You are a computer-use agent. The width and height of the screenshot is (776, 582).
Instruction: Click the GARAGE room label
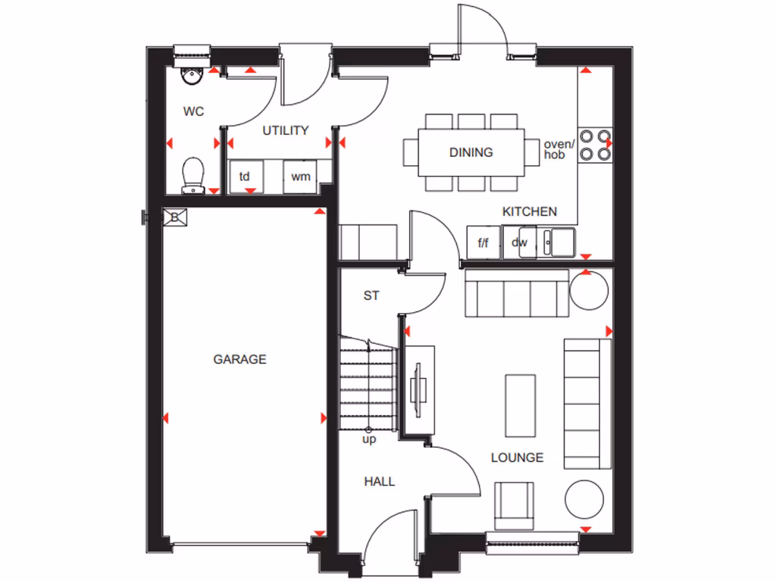[x=239, y=359]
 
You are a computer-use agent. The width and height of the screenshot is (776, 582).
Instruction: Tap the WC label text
[x=194, y=111]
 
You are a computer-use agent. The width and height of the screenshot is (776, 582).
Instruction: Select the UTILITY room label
[x=286, y=130]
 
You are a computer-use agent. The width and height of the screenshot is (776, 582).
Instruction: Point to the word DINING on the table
[x=471, y=152]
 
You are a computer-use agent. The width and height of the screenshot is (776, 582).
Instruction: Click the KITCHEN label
[x=530, y=211]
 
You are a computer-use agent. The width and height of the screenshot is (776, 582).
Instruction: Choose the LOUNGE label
[x=517, y=458]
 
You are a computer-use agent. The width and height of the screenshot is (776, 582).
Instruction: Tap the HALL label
[x=379, y=481]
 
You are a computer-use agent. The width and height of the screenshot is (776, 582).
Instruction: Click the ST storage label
[x=371, y=296]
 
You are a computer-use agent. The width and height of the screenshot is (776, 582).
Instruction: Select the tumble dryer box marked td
[x=245, y=177]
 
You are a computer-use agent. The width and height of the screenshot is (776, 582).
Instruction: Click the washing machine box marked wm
[x=301, y=177]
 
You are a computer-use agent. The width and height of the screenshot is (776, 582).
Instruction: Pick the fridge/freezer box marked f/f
[x=483, y=242]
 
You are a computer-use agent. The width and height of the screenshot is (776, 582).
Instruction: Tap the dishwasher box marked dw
[x=519, y=242]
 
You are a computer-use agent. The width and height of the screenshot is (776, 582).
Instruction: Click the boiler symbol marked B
[x=174, y=217]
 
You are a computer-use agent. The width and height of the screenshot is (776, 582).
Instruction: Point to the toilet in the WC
[x=193, y=174]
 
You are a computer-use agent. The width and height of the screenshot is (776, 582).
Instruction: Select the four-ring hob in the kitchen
[x=595, y=145]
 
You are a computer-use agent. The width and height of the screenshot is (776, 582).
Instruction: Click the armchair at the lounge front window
[x=514, y=505]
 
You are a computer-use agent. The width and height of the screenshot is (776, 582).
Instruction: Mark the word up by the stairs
[x=369, y=439]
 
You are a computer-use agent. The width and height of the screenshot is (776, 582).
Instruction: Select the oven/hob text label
[x=559, y=149]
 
